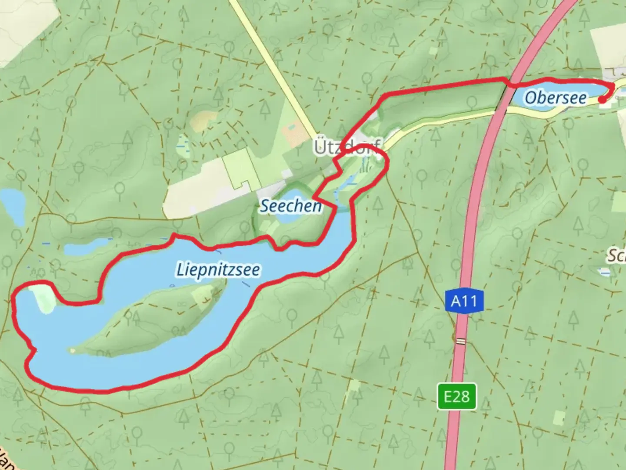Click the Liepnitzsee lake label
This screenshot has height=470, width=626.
(x=218, y=269)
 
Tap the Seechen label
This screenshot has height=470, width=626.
(x=290, y=206)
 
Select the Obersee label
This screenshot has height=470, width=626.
(x=555, y=97)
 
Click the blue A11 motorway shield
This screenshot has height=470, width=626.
(x=464, y=301)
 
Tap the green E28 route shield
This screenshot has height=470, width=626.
(x=457, y=396)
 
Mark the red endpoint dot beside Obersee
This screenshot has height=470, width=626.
(x=602, y=100)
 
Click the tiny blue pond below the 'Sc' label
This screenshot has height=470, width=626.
(x=604, y=272)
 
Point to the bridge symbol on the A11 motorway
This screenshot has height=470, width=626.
(x=460, y=342)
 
